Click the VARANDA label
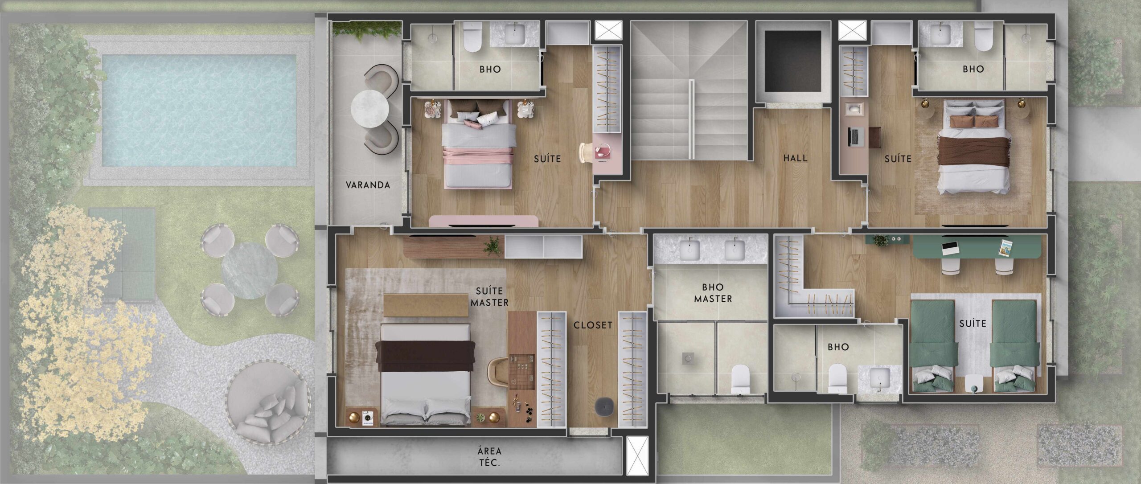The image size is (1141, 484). pos(368,185)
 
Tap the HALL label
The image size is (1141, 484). pos(795,158)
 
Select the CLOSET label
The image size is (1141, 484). pos(593,325)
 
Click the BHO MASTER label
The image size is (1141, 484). pos(713,293)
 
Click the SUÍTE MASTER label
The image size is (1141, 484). pos(489,297)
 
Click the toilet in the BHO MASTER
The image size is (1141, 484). pos(741,379)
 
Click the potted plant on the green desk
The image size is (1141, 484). pos(881,240)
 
